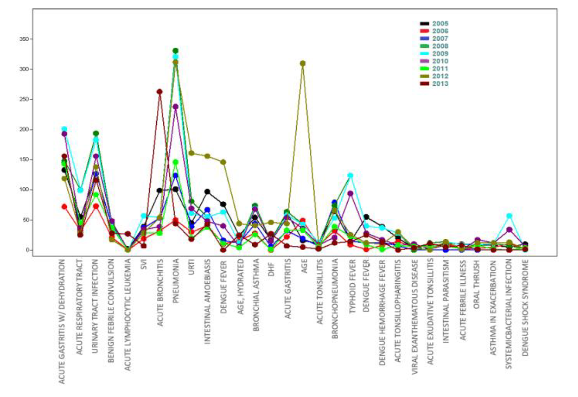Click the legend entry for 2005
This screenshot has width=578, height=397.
coord(440,23)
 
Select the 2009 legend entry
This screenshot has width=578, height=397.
coord(440,53)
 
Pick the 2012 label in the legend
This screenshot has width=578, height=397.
coord(440,76)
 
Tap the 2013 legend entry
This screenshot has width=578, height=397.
coord(440,84)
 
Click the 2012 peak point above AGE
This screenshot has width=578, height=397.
coord(303,63)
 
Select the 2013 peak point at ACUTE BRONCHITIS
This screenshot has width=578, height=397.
coord(160,92)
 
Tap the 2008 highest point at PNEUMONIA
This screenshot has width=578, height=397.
coord(176,51)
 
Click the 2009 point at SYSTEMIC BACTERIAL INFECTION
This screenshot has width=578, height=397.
coord(509,216)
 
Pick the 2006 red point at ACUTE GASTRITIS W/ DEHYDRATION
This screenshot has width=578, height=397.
coord(64,206)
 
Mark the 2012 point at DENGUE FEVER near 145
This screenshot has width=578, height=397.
coord(223,162)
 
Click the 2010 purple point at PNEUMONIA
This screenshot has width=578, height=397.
coord(176,107)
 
